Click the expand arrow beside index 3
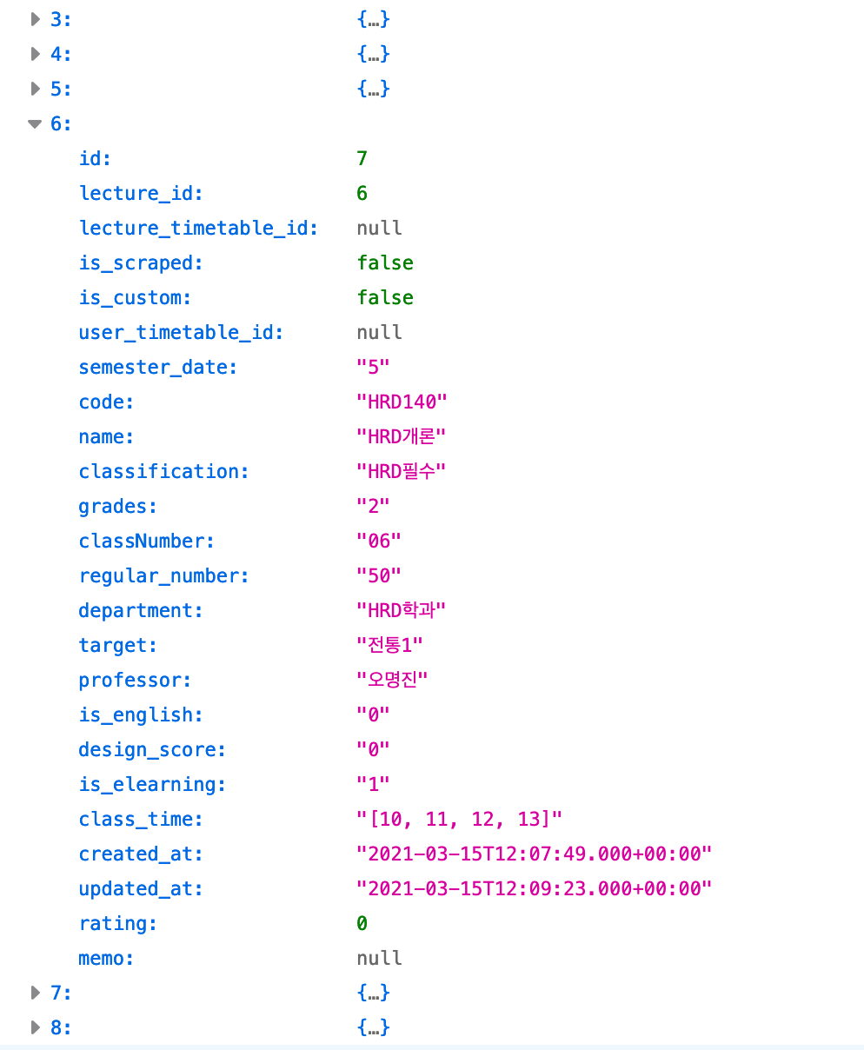[x=36, y=19]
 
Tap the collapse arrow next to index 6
[x=35, y=124]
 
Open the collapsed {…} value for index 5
[x=373, y=89]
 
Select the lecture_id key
[x=141, y=193]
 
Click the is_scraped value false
[x=385, y=262]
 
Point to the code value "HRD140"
[x=402, y=402]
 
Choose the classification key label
[x=163, y=471]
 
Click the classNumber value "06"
[x=379, y=541]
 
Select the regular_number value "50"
[x=379, y=575]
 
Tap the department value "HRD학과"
[x=401, y=610]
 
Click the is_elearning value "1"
[x=373, y=784]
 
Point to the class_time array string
[x=460, y=819]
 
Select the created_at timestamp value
[x=535, y=854]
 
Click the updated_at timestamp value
[x=535, y=888]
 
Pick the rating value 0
[x=362, y=923]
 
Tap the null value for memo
[x=380, y=958]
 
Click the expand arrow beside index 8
[x=36, y=1027]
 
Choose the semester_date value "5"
[x=373, y=367]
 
